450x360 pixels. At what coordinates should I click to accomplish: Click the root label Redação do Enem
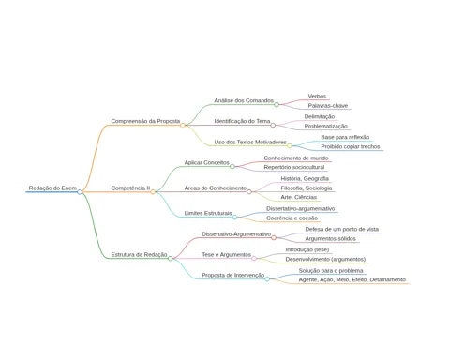[x=52, y=187]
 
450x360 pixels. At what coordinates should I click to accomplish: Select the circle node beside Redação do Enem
[x=80, y=192]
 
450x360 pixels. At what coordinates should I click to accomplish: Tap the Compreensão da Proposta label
[x=145, y=121]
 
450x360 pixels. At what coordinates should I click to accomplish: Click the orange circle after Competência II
[x=153, y=192]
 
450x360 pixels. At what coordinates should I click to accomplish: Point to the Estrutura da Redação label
[x=139, y=255]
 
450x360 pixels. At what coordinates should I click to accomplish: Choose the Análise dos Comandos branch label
[x=244, y=100]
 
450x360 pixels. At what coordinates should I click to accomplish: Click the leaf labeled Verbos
[x=317, y=96]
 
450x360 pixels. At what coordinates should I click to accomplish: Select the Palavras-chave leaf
[x=328, y=106]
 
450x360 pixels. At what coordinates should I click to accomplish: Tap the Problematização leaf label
[x=326, y=126]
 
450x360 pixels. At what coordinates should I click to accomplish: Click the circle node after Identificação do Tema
[x=273, y=126]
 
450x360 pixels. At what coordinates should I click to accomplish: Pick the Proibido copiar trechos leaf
[x=351, y=146]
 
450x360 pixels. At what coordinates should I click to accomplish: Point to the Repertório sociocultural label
[x=294, y=167]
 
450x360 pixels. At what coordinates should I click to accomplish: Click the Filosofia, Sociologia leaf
[x=307, y=187]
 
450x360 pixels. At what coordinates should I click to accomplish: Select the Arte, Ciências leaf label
[x=299, y=197]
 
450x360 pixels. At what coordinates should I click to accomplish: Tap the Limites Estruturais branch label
[x=208, y=213]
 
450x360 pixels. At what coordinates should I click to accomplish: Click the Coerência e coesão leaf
[x=292, y=218]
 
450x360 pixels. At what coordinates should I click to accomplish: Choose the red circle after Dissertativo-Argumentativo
[x=274, y=238]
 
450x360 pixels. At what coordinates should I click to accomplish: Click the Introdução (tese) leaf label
[x=307, y=249]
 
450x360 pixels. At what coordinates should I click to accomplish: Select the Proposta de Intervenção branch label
[x=233, y=275]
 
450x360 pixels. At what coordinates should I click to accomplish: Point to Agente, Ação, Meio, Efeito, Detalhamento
[x=352, y=279]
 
